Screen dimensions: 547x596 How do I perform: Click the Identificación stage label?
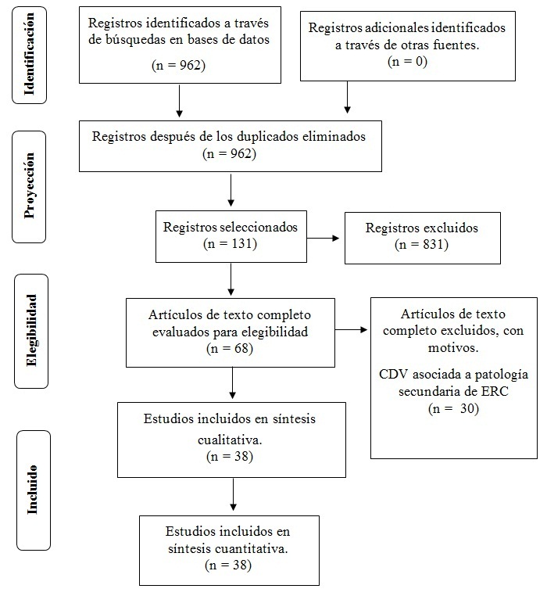point(29,54)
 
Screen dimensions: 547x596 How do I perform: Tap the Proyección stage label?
point(29,185)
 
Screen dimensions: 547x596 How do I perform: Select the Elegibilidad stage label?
point(31,331)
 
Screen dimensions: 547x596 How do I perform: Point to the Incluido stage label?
point(33,490)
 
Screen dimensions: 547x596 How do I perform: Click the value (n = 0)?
point(407,62)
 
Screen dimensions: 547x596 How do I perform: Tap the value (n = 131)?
point(231,244)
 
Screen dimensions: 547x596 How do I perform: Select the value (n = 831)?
point(422,244)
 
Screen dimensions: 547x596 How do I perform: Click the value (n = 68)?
point(230,349)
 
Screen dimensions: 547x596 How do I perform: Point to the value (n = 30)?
point(453,408)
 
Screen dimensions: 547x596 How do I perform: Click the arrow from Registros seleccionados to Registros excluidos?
point(323,239)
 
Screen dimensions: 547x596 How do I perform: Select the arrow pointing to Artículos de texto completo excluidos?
point(351,329)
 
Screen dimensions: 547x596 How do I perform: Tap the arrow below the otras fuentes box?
point(347,97)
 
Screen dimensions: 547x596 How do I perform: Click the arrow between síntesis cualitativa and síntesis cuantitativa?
point(233,494)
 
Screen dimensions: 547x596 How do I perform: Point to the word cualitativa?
point(230,440)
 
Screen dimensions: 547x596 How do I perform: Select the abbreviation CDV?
point(394,375)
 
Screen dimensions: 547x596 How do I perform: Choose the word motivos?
point(452,348)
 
